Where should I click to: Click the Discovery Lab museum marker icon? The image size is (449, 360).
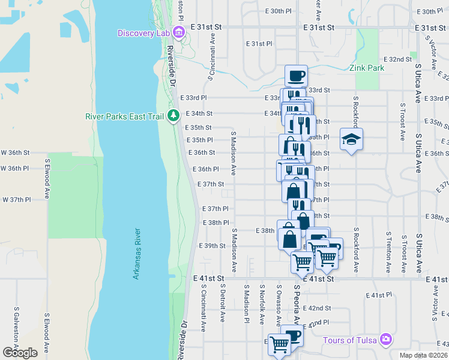(x=178, y=32)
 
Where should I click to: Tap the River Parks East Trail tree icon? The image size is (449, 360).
(x=173, y=115)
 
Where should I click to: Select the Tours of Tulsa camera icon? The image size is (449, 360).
(x=385, y=340)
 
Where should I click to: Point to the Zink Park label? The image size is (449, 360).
(x=367, y=68)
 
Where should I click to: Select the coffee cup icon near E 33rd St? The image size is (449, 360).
(x=296, y=76)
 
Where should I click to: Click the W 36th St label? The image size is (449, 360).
(x=13, y=152)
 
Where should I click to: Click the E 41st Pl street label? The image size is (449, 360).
(x=378, y=296)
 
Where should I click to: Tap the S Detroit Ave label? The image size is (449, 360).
(x=223, y=306)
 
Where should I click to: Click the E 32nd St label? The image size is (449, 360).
(x=399, y=59)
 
